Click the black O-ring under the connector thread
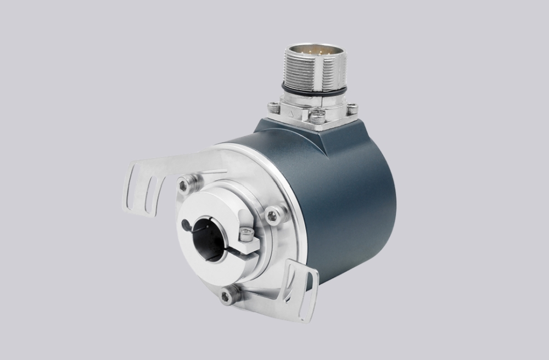click(x=313, y=89)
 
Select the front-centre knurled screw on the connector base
click(x=316, y=116)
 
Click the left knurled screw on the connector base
click(x=274, y=107)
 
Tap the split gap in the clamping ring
click(x=238, y=250)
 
